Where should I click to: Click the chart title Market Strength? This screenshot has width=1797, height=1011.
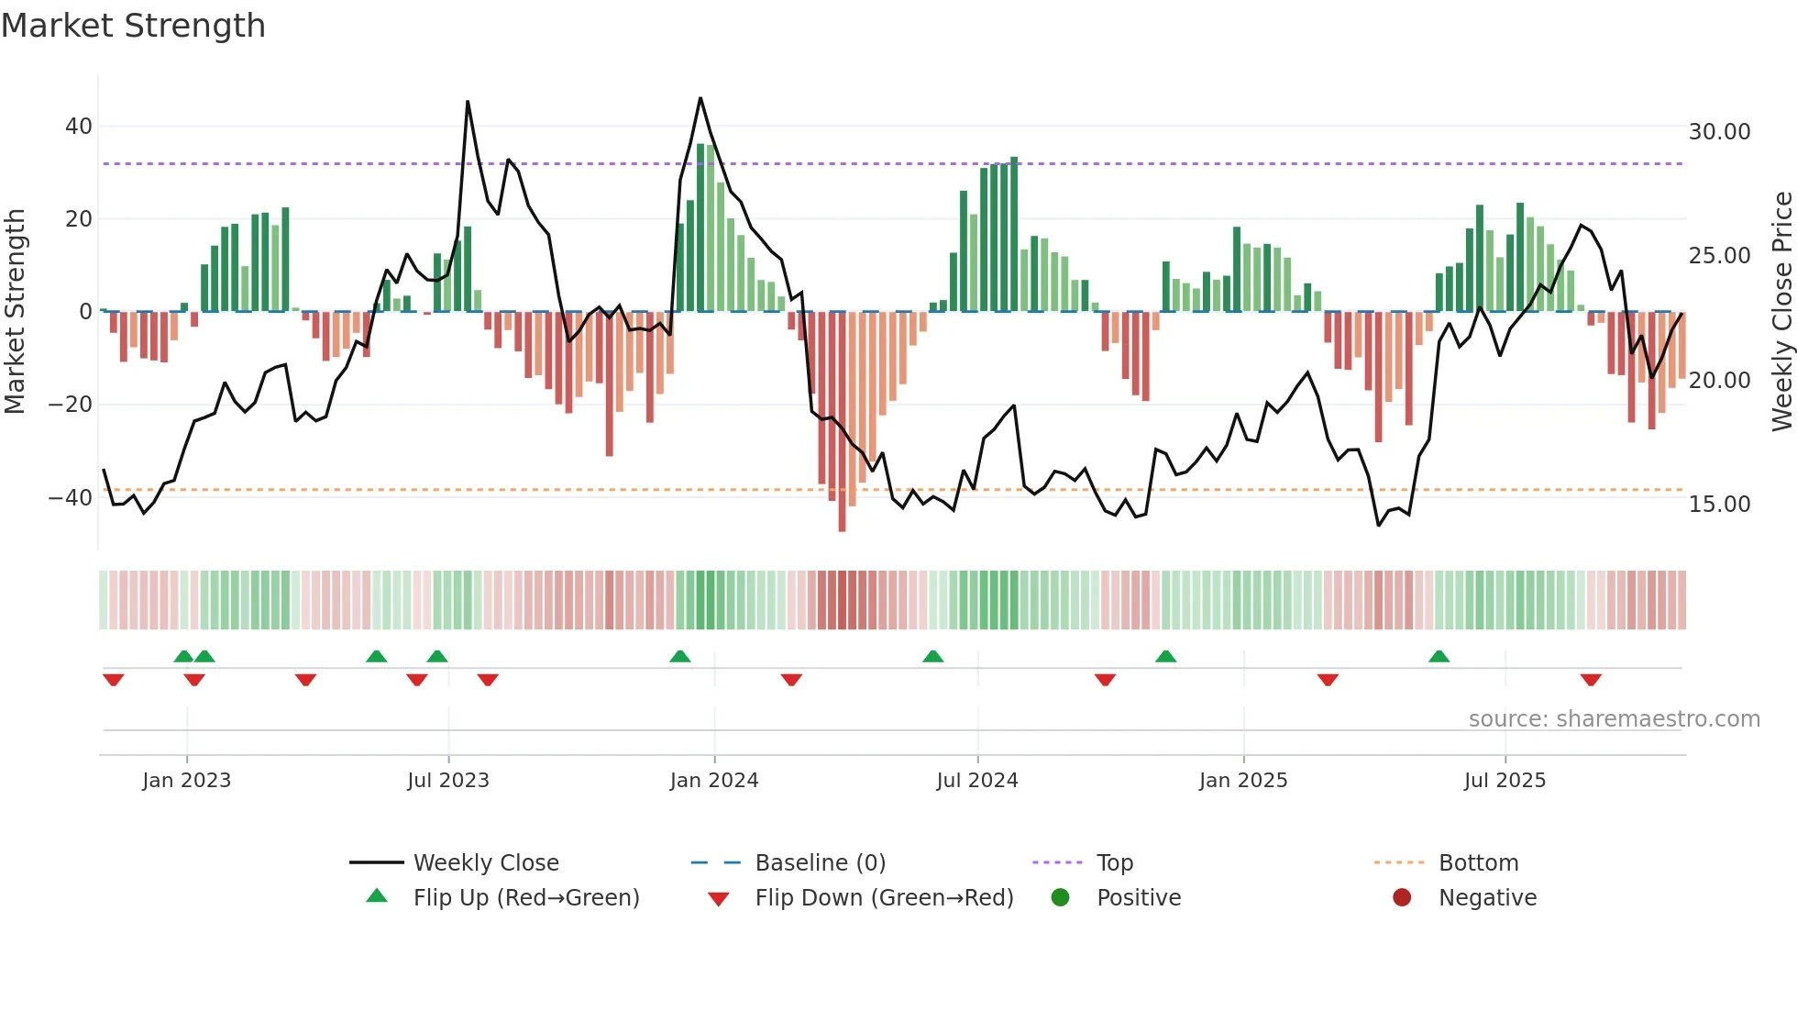(x=133, y=26)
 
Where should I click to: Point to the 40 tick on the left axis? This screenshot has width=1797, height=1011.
(x=79, y=127)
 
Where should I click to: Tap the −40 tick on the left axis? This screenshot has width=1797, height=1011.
(x=71, y=498)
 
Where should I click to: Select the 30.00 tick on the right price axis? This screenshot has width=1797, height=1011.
(x=1719, y=132)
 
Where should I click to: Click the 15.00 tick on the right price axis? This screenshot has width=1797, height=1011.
(x=1719, y=505)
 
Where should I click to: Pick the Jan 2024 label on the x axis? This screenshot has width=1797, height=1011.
(x=714, y=781)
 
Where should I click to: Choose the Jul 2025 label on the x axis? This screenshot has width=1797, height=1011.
(x=1505, y=781)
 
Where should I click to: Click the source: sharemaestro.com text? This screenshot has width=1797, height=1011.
(x=1614, y=719)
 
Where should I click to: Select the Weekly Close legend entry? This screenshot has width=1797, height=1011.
(x=486, y=863)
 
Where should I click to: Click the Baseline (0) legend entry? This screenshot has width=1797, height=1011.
(x=820, y=863)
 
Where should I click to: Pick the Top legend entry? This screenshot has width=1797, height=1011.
(x=1115, y=863)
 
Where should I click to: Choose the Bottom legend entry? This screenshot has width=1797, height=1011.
(x=1478, y=863)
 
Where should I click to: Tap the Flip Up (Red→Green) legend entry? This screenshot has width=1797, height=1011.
(x=525, y=898)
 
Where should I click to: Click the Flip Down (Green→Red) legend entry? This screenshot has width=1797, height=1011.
(x=884, y=898)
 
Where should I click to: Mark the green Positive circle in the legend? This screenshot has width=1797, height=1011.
(x=1061, y=898)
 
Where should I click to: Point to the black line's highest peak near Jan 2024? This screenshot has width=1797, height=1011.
(x=700, y=98)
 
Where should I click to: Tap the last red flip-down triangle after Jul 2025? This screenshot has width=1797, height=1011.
(x=1591, y=680)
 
